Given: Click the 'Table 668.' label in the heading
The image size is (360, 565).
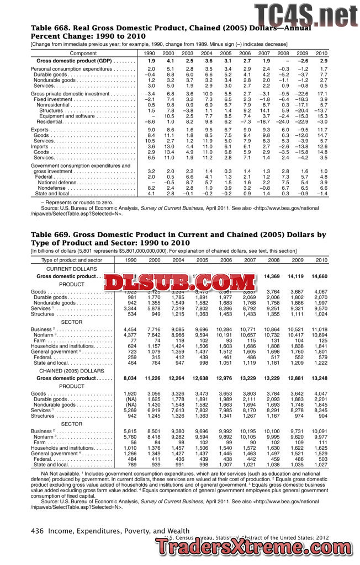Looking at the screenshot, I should click(x=49, y=28).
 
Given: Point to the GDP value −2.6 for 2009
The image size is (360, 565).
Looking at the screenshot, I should click(x=302, y=60).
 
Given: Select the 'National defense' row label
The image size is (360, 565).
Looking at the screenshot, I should click(x=58, y=182).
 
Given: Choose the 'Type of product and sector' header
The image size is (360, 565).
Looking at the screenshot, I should click(x=72, y=260).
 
